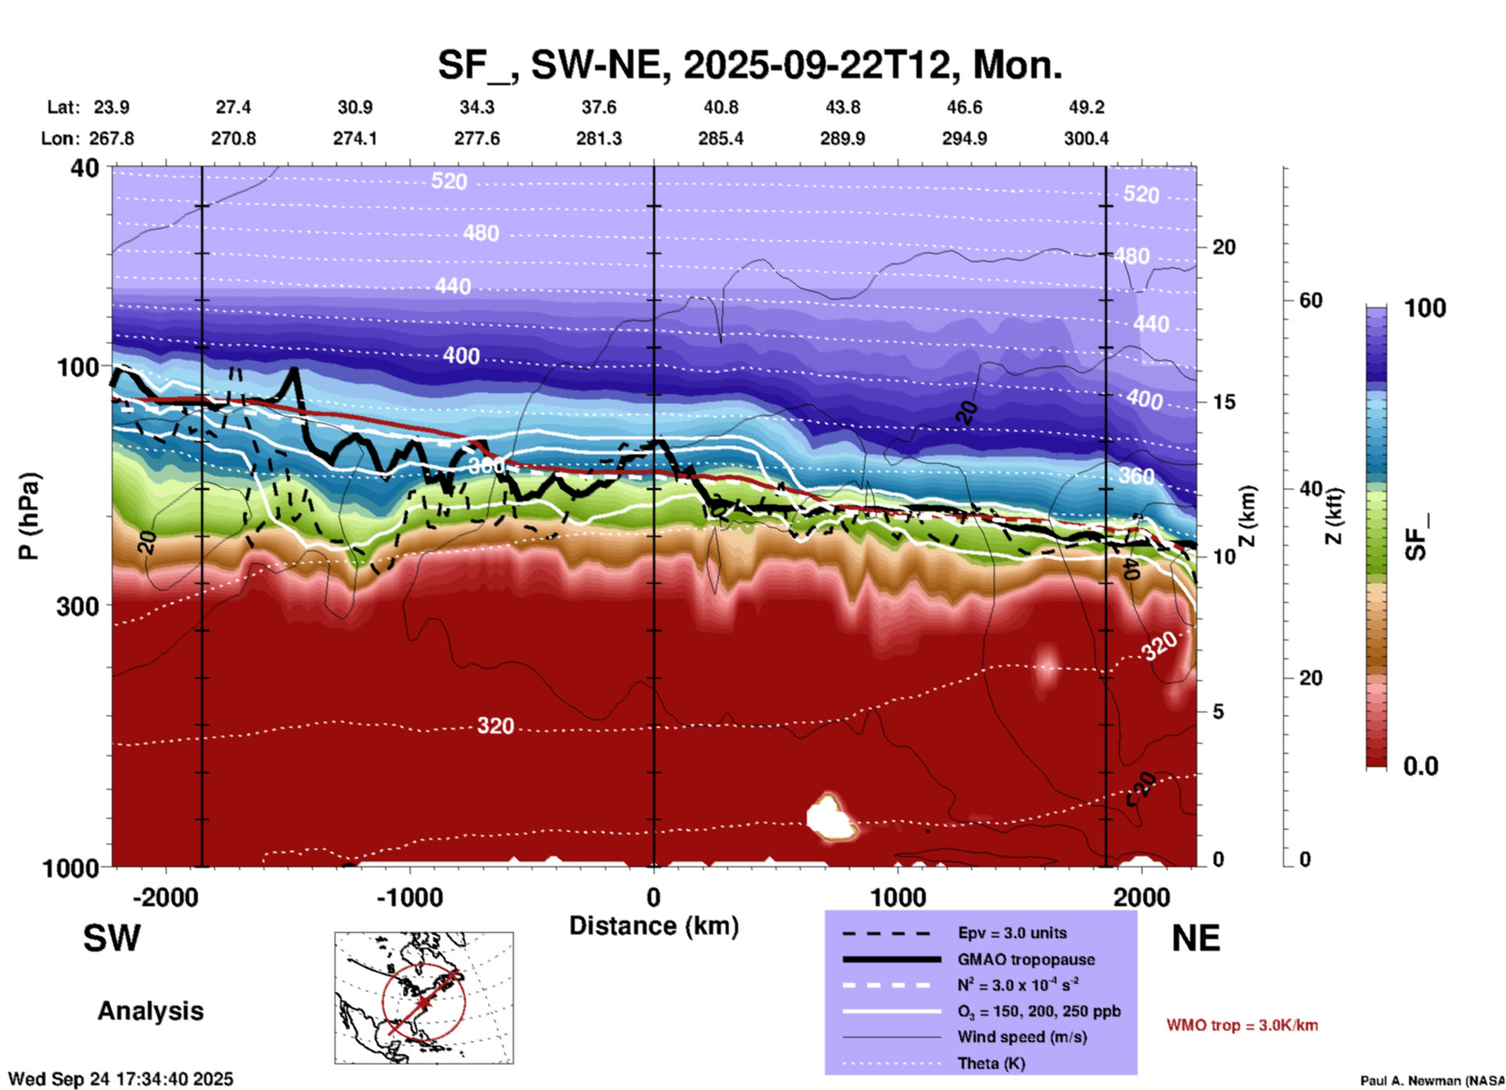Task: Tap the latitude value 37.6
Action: [599, 107]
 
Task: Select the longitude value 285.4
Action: [721, 138]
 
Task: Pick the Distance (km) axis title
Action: [654, 926]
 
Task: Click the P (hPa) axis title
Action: [28, 516]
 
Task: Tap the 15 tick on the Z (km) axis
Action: [1224, 402]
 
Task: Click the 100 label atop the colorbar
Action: [1425, 308]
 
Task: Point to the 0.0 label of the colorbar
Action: [1421, 766]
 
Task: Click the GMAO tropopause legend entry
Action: [1026, 959]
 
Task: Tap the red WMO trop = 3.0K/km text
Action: [1242, 1025]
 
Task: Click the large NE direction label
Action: [1196, 938]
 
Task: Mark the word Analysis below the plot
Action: [150, 1011]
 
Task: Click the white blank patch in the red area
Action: [830, 818]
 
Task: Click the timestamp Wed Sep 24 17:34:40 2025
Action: [120, 1079]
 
